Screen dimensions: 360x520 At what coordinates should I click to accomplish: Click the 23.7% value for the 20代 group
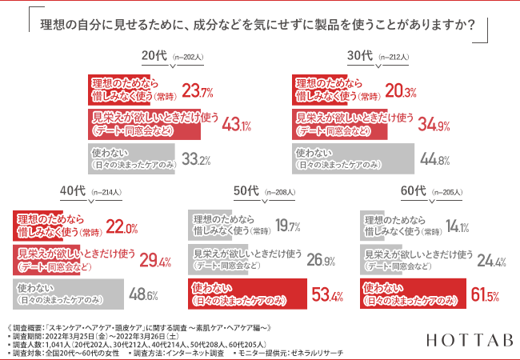(x=198, y=89)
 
